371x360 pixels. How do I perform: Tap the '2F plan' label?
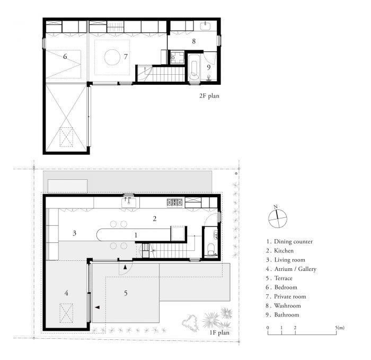point(209,96)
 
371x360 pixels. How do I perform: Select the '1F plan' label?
point(219,332)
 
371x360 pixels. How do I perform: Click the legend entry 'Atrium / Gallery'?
point(291,269)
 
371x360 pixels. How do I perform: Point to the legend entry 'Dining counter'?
point(289,241)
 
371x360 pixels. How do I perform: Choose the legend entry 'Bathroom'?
point(282,314)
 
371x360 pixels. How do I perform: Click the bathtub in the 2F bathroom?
point(194,69)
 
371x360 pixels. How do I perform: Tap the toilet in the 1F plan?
point(210,249)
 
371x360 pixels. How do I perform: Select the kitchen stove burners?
point(175,203)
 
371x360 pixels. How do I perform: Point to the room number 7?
point(126,57)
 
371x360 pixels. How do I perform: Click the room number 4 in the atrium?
point(66,293)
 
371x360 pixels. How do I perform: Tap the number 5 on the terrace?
point(126,293)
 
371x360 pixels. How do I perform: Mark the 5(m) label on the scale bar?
point(340,328)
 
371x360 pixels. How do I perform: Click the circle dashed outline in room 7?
point(112,57)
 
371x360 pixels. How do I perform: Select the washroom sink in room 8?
point(205,26)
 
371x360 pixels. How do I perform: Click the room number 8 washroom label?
point(194,41)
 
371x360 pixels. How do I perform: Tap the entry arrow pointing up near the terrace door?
point(125,267)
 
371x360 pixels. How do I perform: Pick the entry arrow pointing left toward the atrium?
point(97,307)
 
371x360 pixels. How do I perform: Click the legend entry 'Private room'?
point(286,296)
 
